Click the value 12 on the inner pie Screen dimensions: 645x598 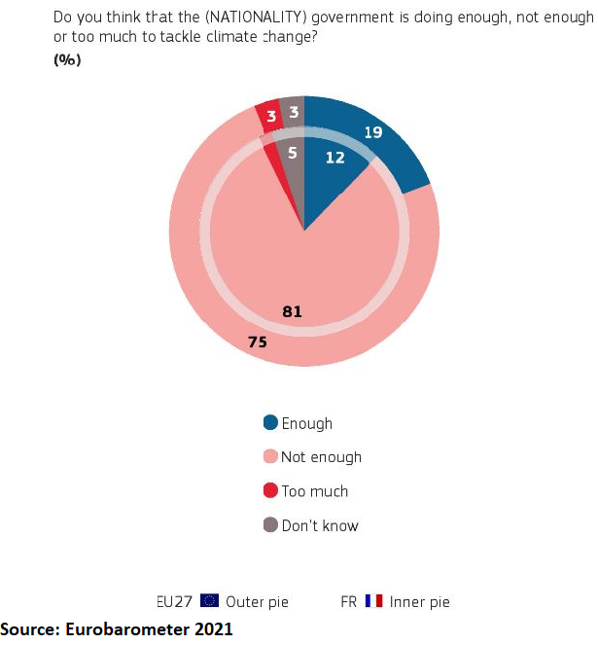334,157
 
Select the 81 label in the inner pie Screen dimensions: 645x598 293,311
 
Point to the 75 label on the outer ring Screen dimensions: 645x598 257,341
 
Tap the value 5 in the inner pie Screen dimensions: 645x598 292,152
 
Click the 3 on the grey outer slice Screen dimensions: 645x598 293,112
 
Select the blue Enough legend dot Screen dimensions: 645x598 270,423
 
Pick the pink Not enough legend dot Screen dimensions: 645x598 270,457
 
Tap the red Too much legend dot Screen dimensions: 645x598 270,491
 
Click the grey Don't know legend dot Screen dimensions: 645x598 270,525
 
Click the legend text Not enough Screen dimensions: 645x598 321,457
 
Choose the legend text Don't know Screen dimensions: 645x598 320,525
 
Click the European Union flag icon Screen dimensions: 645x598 209,601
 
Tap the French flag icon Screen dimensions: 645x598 373,601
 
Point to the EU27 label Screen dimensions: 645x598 175,601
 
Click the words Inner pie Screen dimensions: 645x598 419,601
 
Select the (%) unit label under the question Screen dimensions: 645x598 66,59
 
